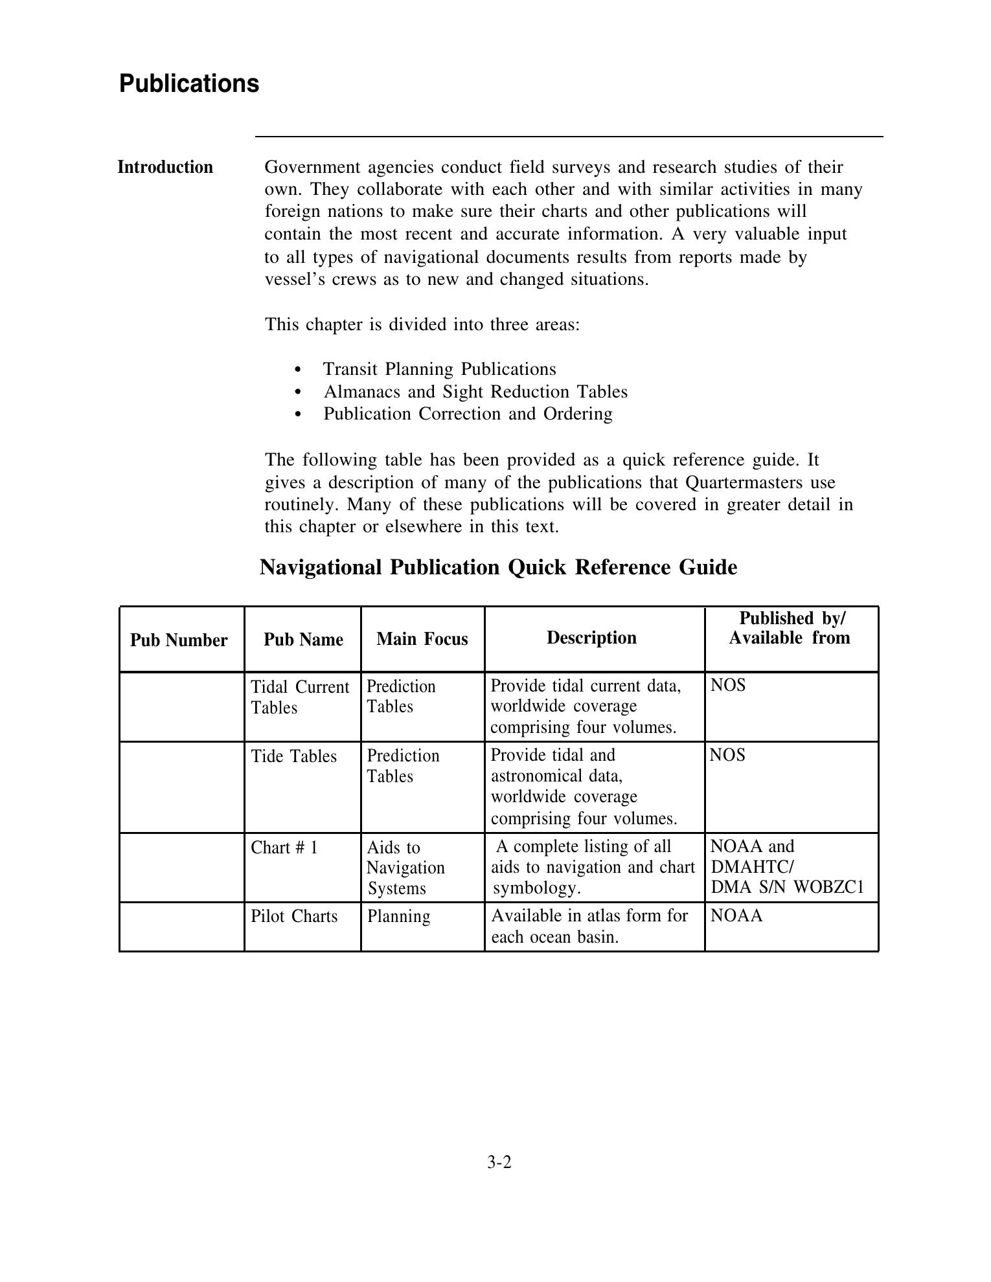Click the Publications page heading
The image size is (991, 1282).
coord(188,84)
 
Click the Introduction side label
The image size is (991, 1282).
coord(165,167)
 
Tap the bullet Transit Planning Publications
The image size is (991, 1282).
coord(439,369)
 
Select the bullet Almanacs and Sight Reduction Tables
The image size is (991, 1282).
coord(475,392)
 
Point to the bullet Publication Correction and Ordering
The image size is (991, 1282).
coord(468,414)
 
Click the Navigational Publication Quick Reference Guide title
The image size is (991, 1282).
coord(498,567)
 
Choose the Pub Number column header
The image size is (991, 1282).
coord(179,640)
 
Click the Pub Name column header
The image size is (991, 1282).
coord(303,639)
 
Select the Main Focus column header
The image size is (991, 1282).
coord(422,639)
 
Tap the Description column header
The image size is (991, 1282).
coord(591,638)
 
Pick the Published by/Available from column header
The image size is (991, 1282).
coord(790,628)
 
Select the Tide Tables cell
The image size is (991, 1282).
coord(294,756)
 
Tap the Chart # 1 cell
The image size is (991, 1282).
coord(284,848)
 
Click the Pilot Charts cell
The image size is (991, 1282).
coord(294,916)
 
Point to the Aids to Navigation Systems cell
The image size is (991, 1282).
coord(405,868)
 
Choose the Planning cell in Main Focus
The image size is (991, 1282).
coord(398,916)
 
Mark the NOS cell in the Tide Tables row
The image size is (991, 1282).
coord(727,755)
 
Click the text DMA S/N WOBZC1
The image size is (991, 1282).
coord(787,887)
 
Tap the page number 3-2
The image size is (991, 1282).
coord(499,1162)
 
